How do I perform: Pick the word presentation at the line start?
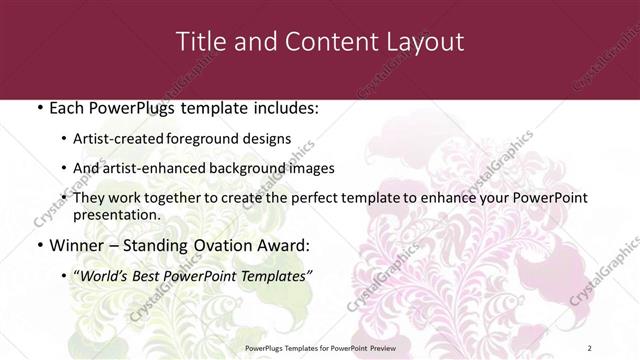(x=116, y=214)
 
